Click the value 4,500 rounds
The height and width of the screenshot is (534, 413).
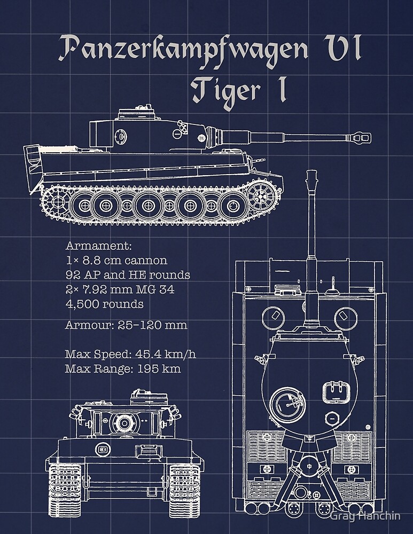[x=104, y=304]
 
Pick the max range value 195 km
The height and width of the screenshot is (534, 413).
[x=159, y=368]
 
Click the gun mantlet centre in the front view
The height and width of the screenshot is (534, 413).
[x=124, y=422]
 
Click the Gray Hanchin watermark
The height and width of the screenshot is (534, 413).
[x=364, y=517]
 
